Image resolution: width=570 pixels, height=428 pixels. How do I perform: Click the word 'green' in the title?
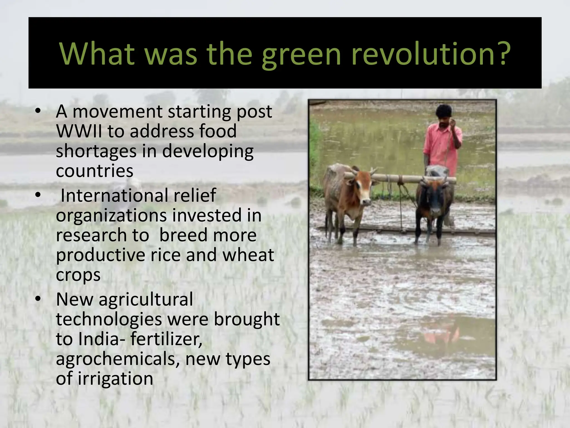coord(301,54)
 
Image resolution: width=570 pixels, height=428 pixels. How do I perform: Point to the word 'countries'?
coord(95,171)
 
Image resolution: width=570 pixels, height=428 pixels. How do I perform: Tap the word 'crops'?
coord(78,275)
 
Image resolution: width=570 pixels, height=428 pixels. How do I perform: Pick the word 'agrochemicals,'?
coord(118,359)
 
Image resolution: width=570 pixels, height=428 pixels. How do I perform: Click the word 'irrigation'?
coord(115,379)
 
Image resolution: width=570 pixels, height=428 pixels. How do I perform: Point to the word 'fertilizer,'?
coord(166,339)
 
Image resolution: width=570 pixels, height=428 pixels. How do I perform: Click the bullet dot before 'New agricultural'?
coord(38,299)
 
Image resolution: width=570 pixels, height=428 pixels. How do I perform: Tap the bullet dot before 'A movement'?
coord(38,111)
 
